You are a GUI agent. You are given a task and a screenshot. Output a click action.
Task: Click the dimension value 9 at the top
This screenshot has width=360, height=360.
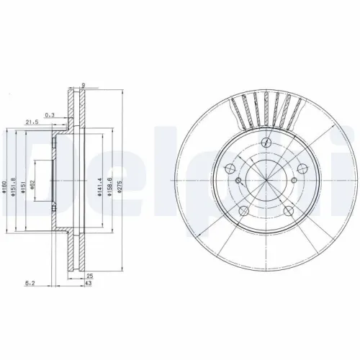(83, 85)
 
